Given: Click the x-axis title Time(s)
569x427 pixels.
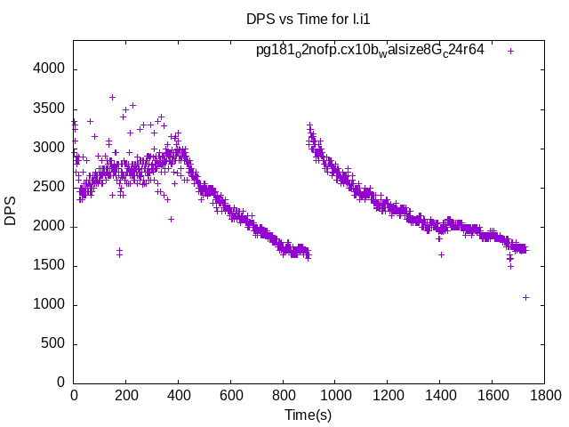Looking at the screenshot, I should [x=308, y=415].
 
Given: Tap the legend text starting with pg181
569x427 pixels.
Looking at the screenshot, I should [x=370, y=50].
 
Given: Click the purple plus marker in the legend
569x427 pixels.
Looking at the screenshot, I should [x=510, y=51].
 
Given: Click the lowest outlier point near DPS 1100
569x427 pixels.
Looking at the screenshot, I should [x=525, y=297].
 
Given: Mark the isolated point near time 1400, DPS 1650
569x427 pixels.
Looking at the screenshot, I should [x=441, y=254].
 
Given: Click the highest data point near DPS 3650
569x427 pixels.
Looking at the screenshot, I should [x=112, y=97].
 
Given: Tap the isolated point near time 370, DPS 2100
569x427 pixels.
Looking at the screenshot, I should [x=171, y=219].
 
